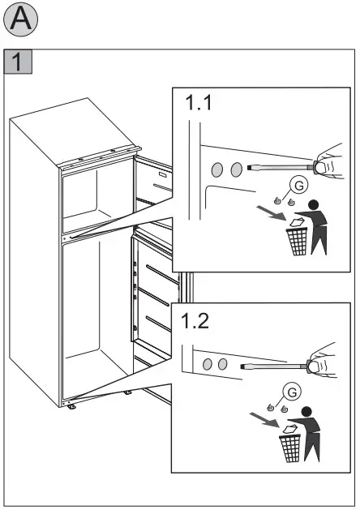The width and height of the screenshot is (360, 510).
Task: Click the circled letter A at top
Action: point(21,22)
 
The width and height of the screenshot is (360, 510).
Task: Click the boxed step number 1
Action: point(18,62)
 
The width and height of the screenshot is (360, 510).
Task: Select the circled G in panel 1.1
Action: point(299,186)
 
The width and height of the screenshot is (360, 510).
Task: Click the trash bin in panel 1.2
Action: point(291,447)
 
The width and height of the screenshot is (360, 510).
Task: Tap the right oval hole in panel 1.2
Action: point(221,364)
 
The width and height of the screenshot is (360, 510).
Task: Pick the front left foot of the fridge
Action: point(73,408)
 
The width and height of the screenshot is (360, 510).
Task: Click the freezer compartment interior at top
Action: point(95,195)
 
